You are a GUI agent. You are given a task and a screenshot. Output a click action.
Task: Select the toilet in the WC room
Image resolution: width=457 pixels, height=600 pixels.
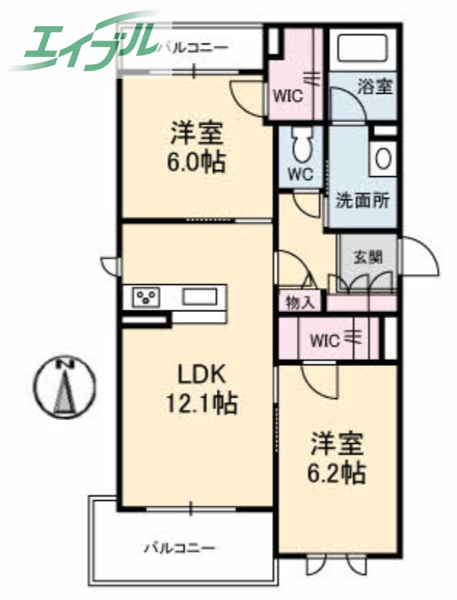click(301, 144)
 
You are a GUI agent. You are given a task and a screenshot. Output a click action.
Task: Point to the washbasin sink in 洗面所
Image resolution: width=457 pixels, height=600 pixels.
click(383, 158)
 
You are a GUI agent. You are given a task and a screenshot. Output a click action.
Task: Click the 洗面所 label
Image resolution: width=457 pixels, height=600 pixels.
click(362, 202)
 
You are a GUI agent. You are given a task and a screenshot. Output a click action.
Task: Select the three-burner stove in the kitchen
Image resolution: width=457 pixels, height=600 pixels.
click(146, 296)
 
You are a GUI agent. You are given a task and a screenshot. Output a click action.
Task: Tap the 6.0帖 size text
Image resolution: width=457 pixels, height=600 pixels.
click(197, 162)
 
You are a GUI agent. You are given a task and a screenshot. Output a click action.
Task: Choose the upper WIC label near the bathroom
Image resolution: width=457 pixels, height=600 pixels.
click(287, 95)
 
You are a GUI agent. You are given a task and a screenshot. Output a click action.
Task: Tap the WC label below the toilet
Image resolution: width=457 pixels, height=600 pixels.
click(301, 173)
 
